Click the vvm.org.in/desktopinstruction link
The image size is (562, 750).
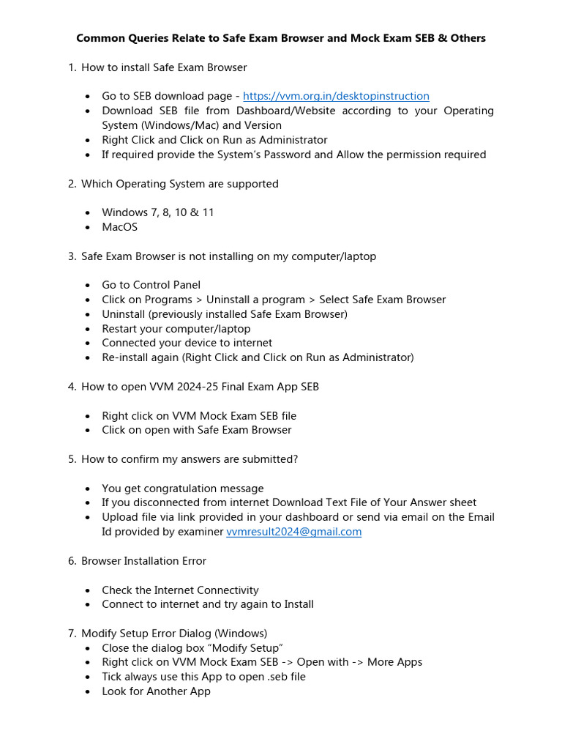pyautogui.click(x=336, y=96)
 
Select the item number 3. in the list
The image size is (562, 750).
pyautogui.click(x=72, y=256)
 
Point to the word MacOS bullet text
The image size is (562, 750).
pyautogui.click(x=119, y=227)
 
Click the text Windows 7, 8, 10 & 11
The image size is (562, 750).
pyautogui.click(x=158, y=212)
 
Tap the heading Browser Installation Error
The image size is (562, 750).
pyautogui.click(x=143, y=561)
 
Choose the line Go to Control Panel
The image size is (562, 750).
pyautogui.click(x=151, y=285)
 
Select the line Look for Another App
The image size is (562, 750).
pyautogui.click(x=156, y=691)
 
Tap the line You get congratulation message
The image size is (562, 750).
pyautogui.click(x=182, y=489)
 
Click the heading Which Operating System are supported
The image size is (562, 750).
pyautogui.click(x=179, y=184)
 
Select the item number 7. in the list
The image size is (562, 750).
pyautogui.click(x=72, y=634)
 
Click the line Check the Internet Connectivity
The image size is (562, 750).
pyautogui.click(x=180, y=590)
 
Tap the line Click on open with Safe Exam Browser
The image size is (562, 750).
pyautogui.click(x=196, y=430)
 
